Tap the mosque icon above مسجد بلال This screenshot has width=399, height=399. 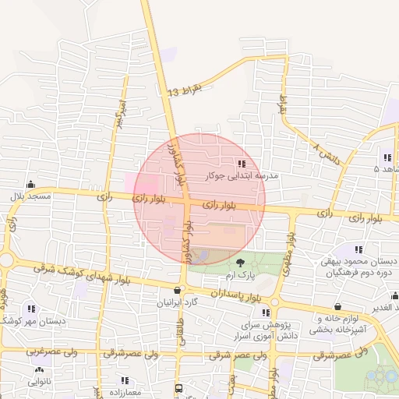(x=30, y=185)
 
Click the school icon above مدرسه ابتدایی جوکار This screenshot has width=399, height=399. (x=241, y=164)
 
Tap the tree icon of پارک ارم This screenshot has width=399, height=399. (x=240, y=263)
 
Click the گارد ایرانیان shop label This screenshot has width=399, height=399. (x=178, y=302)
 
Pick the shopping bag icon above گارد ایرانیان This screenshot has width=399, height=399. (x=178, y=290)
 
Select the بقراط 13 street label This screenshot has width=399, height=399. (x=184, y=90)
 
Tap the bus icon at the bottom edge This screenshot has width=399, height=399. (x=178, y=388)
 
